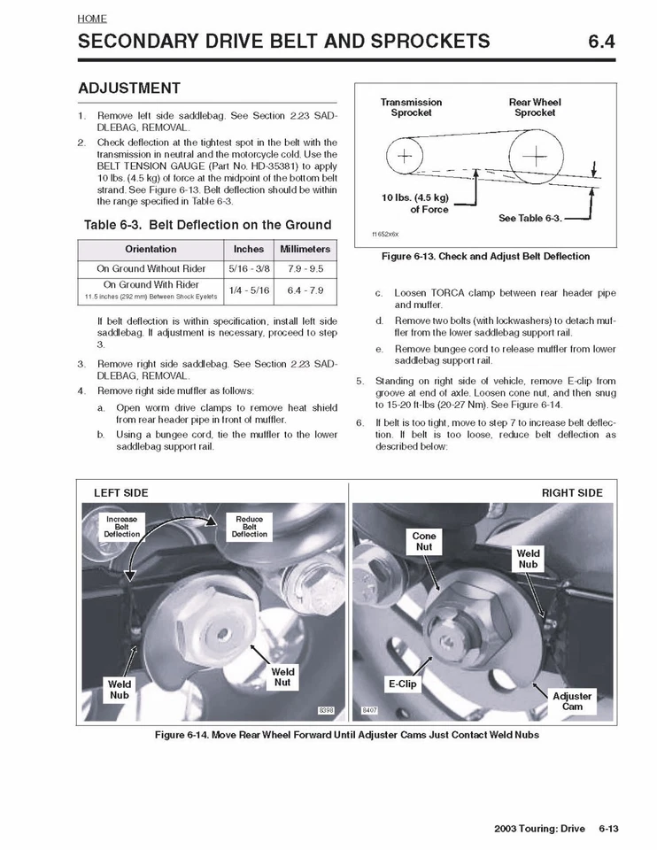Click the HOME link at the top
(x=91, y=18)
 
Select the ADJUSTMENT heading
(x=129, y=89)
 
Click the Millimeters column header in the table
(x=305, y=249)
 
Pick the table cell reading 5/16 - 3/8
(x=249, y=268)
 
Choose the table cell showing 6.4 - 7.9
(x=305, y=290)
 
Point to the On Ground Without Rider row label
(x=151, y=268)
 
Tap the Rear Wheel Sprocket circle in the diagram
(x=536, y=158)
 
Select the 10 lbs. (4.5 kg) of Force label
(x=416, y=203)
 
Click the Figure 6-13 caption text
(x=484, y=257)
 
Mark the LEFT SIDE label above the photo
(x=121, y=492)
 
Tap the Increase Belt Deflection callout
(x=121, y=527)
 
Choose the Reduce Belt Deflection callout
(x=250, y=527)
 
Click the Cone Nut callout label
(x=424, y=542)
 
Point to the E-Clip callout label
(x=401, y=684)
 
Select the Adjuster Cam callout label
(x=573, y=701)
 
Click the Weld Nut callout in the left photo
(x=282, y=677)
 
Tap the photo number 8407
(x=369, y=711)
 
